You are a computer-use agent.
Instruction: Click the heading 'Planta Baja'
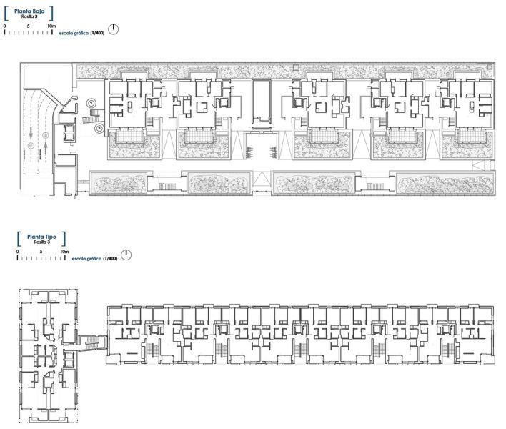(x=29, y=11)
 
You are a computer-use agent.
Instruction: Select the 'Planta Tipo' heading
(x=41, y=237)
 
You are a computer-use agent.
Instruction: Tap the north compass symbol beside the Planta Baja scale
(x=113, y=29)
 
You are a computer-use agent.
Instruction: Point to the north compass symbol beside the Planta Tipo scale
(x=126, y=255)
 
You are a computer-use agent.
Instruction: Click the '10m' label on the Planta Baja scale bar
(x=51, y=26)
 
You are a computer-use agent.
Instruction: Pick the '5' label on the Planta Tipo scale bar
(x=41, y=252)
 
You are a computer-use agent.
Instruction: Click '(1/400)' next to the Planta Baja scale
(x=97, y=33)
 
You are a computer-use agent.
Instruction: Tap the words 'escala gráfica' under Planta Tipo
(x=86, y=259)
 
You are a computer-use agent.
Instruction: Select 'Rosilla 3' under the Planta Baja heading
(x=29, y=16)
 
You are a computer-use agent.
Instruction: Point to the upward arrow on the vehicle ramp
(x=46, y=147)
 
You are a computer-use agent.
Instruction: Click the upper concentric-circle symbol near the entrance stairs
(x=91, y=103)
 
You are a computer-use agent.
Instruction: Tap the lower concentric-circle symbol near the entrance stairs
(x=99, y=129)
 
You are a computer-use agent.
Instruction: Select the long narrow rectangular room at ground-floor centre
(x=262, y=101)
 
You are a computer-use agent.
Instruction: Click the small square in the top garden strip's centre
(x=296, y=67)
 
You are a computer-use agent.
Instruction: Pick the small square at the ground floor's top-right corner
(x=490, y=67)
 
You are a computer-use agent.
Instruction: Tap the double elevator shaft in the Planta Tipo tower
(x=69, y=359)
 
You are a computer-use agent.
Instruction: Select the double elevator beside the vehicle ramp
(x=69, y=133)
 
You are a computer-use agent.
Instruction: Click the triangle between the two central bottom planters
(x=262, y=179)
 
